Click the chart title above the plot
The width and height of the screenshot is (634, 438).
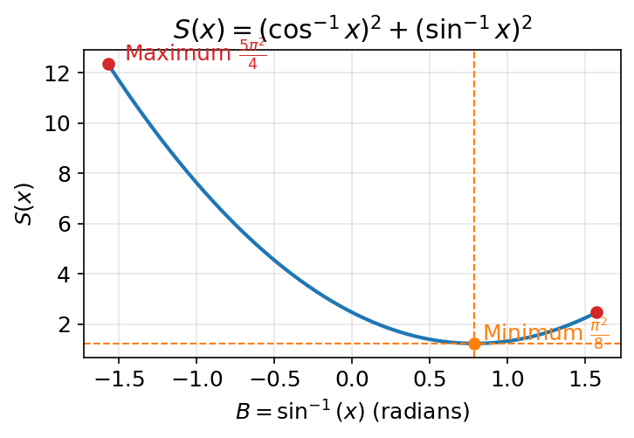click(x=353, y=30)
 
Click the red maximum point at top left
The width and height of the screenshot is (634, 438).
click(x=108, y=64)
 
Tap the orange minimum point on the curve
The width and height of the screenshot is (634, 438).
click(x=474, y=344)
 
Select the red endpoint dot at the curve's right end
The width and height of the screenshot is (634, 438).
click(x=596, y=312)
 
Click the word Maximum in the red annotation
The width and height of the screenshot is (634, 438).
click(x=178, y=53)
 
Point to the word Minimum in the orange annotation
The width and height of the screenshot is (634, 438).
click(x=533, y=333)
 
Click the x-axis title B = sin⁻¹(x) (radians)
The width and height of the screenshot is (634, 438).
click(x=352, y=412)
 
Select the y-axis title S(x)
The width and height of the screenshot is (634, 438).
click(x=25, y=204)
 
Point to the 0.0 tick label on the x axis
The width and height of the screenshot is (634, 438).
click(x=352, y=379)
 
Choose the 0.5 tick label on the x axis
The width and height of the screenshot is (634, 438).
click(x=430, y=379)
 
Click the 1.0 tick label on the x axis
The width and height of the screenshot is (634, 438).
click(x=508, y=379)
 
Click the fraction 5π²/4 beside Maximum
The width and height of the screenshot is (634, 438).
click(x=252, y=54)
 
